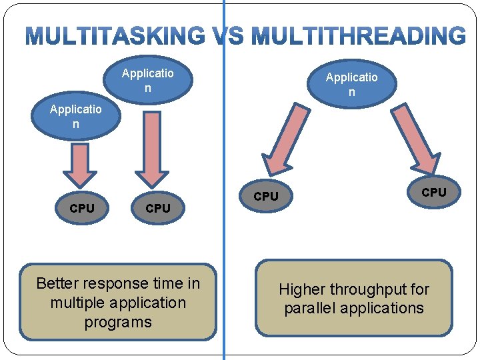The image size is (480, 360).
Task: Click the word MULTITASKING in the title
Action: coord(115,36)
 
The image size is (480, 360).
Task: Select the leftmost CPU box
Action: coord(82,208)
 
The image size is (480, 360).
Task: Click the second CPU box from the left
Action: coord(158,208)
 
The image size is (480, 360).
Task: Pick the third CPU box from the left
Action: coord(266,196)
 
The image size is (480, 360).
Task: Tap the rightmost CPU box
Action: coord(434,191)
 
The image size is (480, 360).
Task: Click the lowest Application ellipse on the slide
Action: coord(75,117)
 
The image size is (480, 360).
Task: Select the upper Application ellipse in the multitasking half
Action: coord(148,80)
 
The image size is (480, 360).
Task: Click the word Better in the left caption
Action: coord(57,283)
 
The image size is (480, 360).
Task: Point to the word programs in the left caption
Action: coord(118,322)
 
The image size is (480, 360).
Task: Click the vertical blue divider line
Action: coord(223,233)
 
